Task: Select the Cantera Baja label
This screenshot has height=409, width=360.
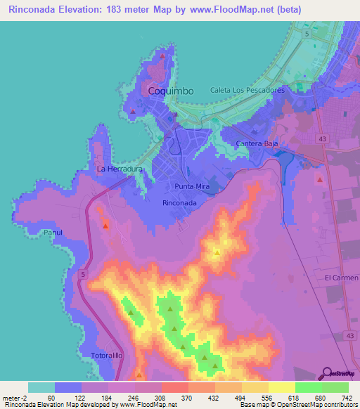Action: pos(257,143)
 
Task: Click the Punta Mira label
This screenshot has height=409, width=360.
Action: pos(192,186)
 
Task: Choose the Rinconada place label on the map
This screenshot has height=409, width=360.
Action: pos(179,202)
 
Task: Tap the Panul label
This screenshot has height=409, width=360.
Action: pos(53,232)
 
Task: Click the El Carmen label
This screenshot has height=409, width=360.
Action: pos(337,278)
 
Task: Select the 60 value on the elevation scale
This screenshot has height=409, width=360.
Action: pos(51,398)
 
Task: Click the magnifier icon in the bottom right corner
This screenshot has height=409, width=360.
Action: pos(327,373)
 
